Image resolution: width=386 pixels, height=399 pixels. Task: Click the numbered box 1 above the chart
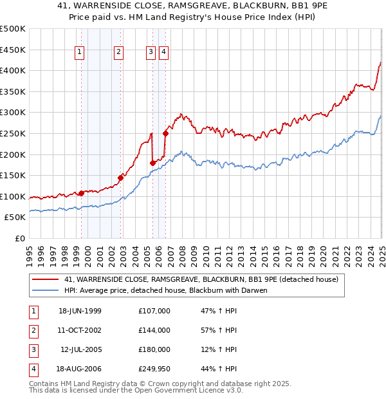[80, 53]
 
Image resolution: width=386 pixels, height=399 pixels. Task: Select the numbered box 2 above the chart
[119, 53]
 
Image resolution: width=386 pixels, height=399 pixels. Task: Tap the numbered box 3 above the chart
[151, 53]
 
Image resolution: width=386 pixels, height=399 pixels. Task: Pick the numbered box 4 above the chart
[164, 53]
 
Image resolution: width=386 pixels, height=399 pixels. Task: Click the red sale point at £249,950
[165, 134]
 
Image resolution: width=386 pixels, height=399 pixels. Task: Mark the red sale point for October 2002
[120, 178]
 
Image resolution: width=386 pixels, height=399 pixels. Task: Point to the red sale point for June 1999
[81, 193]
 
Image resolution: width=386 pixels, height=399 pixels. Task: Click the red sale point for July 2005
[152, 163]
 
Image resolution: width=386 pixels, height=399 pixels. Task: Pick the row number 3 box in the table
[32, 350]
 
